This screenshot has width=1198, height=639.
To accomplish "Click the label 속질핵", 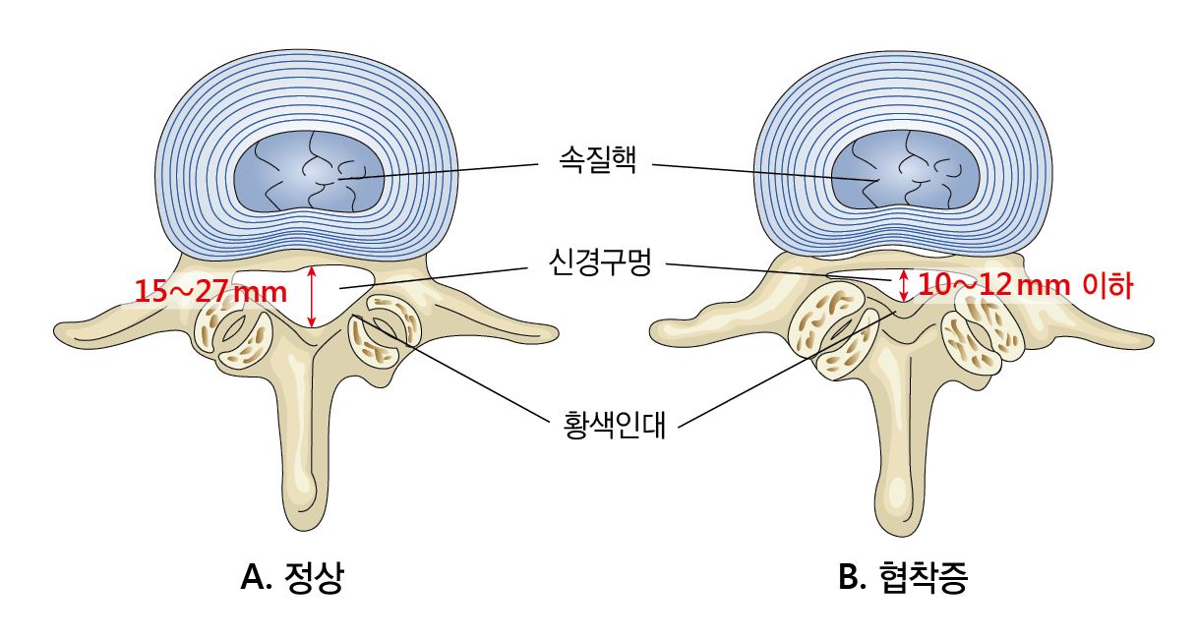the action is [597, 159].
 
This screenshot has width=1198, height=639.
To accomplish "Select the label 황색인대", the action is [615, 425].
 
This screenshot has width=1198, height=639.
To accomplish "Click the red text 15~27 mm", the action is [210, 292].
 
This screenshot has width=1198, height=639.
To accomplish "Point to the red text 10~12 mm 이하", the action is [1026, 285].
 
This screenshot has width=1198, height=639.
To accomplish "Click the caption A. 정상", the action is [292, 577].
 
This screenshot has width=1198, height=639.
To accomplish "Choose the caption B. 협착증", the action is [903, 577].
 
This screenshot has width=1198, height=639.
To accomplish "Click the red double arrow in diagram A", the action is [312, 297].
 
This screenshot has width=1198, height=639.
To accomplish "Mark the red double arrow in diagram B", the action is [903, 285].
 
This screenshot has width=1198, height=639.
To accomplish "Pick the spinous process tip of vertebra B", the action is [901, 531].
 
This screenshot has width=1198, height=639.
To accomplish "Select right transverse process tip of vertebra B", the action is [1149, 342].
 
